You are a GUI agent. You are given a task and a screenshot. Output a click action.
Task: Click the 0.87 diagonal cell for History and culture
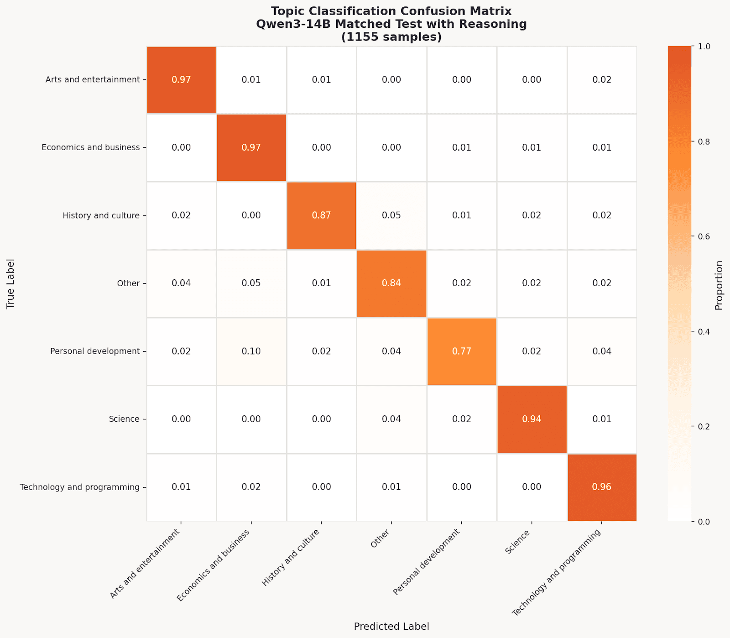click(x=321, y=215)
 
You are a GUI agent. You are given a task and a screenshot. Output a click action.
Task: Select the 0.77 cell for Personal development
click(x=462, y=351)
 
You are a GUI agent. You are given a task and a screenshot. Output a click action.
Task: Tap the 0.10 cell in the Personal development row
click(x=251, y=351)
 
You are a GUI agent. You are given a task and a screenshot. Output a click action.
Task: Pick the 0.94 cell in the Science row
click(x=532, y=419)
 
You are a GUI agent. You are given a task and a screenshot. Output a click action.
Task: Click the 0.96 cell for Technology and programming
click(x=601, y=487)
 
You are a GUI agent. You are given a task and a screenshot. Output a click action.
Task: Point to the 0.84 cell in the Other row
click(x=391, y=283)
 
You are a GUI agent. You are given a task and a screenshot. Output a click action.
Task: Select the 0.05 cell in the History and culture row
click(x=391, y=215)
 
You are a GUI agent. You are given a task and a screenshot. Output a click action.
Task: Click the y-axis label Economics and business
click(x=90, y=147)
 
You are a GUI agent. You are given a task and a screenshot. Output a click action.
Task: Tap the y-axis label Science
click(x=124, y=419)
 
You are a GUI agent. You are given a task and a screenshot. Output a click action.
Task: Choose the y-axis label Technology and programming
click(x=79, y=487)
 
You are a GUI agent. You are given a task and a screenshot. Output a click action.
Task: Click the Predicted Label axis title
click(x=391, y=627)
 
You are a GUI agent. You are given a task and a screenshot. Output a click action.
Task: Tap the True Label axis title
click(x=11, y=284)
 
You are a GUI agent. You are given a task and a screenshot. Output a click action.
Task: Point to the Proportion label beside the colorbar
click(x=720, y=285)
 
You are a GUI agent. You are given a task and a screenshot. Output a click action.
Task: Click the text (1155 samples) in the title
click(x=391, y=37)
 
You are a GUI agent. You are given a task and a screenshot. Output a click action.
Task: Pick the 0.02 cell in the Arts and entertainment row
click(x=601, y=80)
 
